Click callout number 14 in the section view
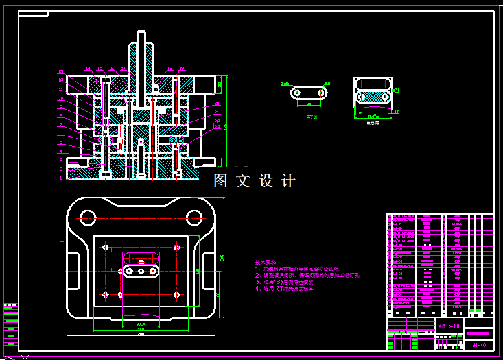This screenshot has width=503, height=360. (88, 68)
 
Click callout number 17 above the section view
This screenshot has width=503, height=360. (123, 68)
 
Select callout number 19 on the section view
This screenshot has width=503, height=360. (181, 68)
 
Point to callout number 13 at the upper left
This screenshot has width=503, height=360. (61, 72)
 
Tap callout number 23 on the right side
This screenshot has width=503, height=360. (218, 127)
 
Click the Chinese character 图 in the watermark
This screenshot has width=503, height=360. (221, 181)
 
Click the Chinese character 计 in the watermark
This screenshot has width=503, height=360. (288, 181)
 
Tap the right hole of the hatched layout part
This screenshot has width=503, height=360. (385, 97)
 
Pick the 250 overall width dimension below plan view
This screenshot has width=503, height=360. (141, 334)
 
